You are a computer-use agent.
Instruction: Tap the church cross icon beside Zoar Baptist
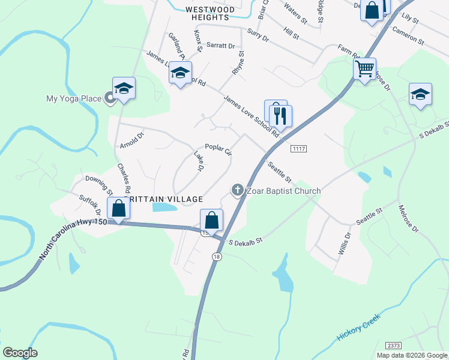click(x=237, y=191)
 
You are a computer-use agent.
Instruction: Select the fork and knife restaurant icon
click(x=280, y=113)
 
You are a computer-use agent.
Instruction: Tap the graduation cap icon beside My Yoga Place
click(x=124, y=89)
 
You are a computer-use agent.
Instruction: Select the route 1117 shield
click(x=298, y=148)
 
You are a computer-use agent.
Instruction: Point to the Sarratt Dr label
click(x=220, y=46)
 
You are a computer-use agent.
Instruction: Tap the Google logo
click(x=20, y=353)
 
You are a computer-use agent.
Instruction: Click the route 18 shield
click(x=215, y=256)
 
